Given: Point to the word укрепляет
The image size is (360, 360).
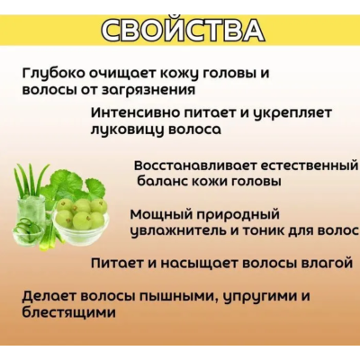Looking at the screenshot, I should point(298,113).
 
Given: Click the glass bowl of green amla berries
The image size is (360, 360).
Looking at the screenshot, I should point(80,217).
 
